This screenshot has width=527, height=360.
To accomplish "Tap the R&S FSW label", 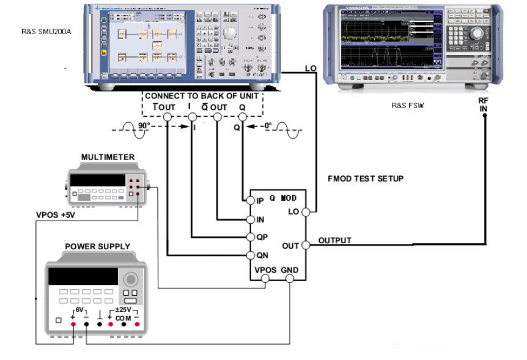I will click(x=408, y=105).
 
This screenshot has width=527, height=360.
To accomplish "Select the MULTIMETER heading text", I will click(x=108, y=157).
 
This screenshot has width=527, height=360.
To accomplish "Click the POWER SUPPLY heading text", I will click(x=97, y=246).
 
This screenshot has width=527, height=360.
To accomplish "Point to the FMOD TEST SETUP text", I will click(x=366, y=178).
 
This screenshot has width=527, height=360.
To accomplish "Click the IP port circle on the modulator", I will click(x=250, y=200).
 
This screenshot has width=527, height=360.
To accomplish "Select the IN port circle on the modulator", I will click(x=250, y=219).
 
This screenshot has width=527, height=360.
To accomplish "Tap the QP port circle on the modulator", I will click(x=250, y=237).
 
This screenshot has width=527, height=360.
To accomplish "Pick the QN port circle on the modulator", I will click(x=250, y=255).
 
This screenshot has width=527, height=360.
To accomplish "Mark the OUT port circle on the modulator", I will click(x=306, y=245).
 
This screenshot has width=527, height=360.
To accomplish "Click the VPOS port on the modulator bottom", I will click(x=265, y=280).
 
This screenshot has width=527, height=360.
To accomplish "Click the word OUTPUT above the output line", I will click(x=335, y=240).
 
